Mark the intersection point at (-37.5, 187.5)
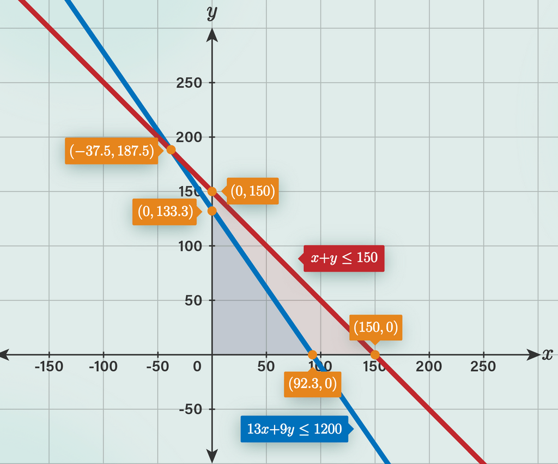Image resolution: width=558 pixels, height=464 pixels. click(171, 150)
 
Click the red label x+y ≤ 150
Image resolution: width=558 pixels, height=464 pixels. click(344, 258)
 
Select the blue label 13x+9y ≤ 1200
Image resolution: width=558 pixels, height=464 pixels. click(294, 429)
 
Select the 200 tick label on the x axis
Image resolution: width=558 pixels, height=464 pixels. click(429, 366)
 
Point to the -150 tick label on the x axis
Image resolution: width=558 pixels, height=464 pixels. click(48, 366)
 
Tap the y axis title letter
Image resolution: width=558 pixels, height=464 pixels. click(212, 13)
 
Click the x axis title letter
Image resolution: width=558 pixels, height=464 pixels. click(547, 354)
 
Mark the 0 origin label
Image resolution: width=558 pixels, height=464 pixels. click(197, 366)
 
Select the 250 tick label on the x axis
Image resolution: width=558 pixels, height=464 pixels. click(483, 366)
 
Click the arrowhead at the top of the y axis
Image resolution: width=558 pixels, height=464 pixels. click(212, 36)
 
